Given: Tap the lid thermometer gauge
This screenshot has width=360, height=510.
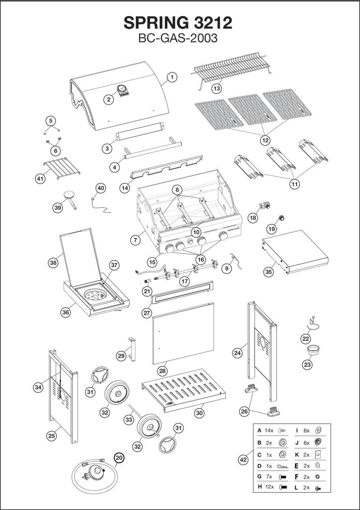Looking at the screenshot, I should pos(122,89).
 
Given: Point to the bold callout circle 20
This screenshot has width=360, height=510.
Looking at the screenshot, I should pos(119,457).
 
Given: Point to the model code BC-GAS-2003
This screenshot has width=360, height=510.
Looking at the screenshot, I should pos(178,38).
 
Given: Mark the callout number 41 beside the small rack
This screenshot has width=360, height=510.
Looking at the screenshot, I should pos(40,178).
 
